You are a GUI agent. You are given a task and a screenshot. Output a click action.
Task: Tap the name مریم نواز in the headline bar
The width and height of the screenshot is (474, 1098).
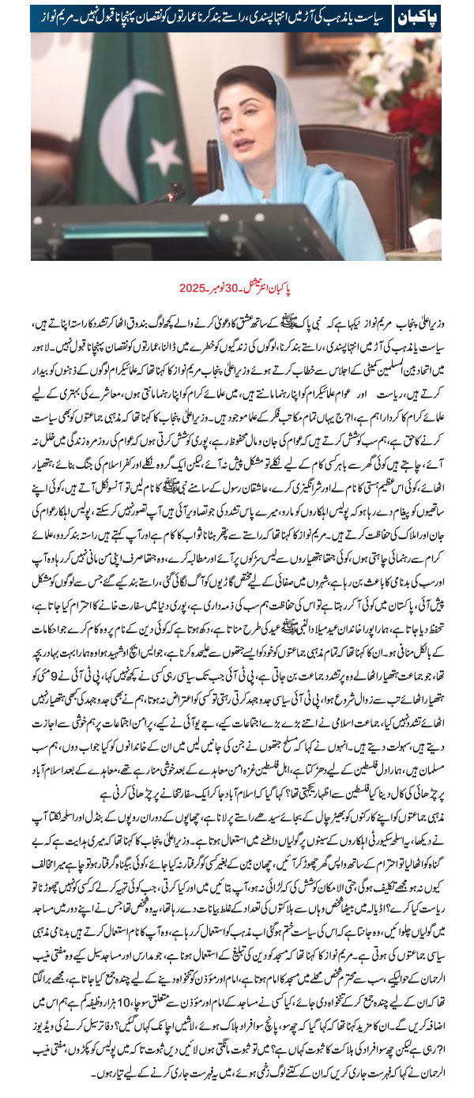pos(58,17)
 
